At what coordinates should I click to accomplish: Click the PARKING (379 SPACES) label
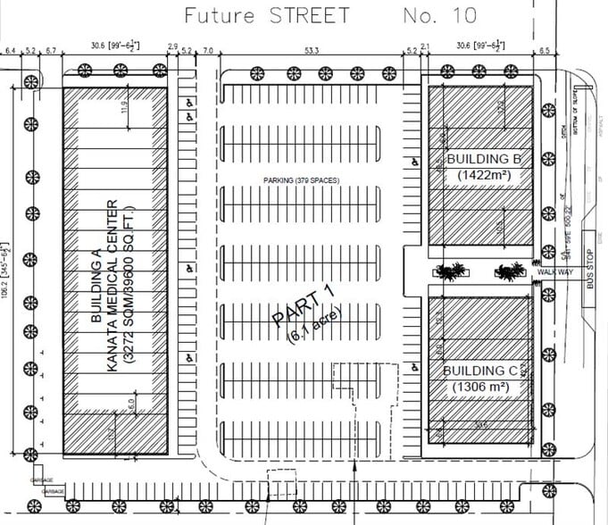click(301, 180)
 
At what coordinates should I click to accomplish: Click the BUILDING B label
click(483, 160)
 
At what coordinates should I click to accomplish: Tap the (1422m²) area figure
click(483, 176)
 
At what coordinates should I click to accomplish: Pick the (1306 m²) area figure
click(480, 387)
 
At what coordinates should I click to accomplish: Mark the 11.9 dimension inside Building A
click(124, 110)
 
